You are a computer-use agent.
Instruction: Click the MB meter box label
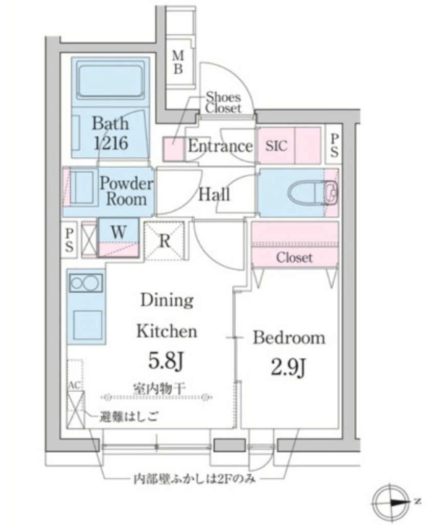[177, 62]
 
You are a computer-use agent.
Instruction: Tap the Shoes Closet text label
[222, 102]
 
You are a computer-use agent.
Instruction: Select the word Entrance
[220, 146]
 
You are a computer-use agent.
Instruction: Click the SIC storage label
[276, 146]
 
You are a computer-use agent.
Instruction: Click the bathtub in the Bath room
[110, 82]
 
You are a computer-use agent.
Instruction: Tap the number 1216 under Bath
[110, 143]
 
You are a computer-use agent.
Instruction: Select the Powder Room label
[126, 191]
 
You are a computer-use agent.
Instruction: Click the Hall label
[214, 194]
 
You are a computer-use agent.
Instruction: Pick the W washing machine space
[118, 232]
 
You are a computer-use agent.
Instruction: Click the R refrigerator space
[165, 241]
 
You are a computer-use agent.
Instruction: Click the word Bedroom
[289, 338]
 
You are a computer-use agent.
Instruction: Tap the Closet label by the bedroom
[294, 257]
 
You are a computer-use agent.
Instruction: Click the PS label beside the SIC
[334, 146]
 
